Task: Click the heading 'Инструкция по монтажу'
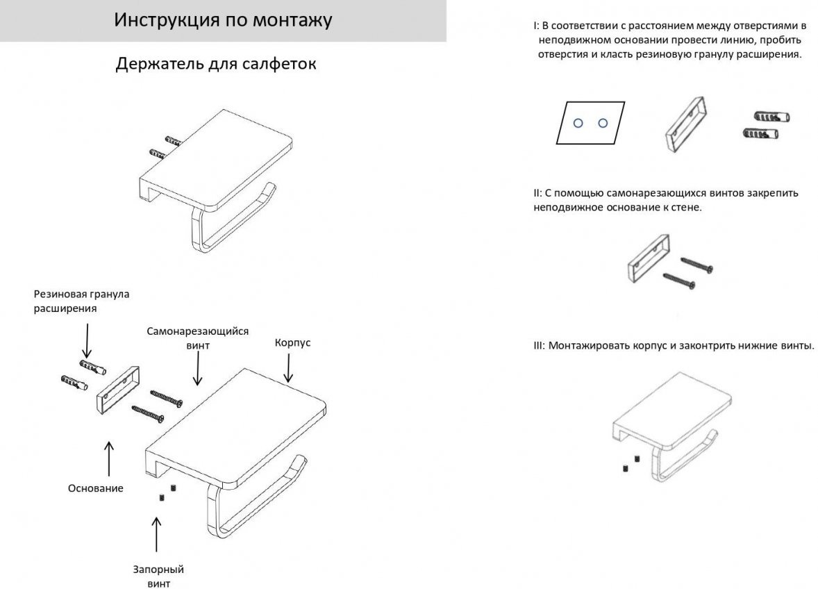click(223, 20)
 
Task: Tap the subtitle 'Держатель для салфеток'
click(216, 65)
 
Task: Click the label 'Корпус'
click(292, 343)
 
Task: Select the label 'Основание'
click(96, 488)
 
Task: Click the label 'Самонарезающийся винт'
click(197, 338)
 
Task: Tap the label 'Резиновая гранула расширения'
click(82, 301)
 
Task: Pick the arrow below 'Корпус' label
click(286, 368)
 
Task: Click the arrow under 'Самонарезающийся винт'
click(198, 368)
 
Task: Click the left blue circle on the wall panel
click(577, 124)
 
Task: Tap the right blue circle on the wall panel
click(602, 124)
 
